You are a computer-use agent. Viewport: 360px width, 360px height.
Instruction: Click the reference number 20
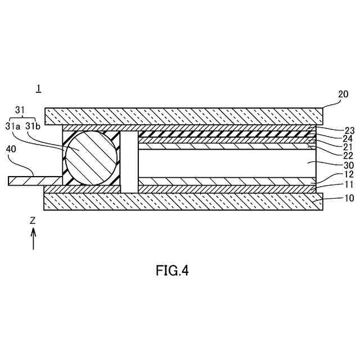pyautogui.click(x=343, y=95)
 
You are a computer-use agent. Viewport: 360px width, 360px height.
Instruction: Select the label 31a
pyautogui.click(x=13, y=126)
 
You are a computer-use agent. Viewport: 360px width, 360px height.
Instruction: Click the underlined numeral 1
pyautogui.click(x=38, y=88)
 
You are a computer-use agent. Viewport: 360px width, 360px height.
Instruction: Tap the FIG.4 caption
pyautogui.click(x=172, y=271)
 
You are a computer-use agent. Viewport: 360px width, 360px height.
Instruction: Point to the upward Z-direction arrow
pyautogui.click(x=34, y=238)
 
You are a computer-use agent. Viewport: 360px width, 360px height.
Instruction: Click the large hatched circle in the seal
pyautogui.click(x=92, y=157)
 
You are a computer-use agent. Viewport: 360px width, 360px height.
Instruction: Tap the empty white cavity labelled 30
pyautogui.click(x=225, y=163)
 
